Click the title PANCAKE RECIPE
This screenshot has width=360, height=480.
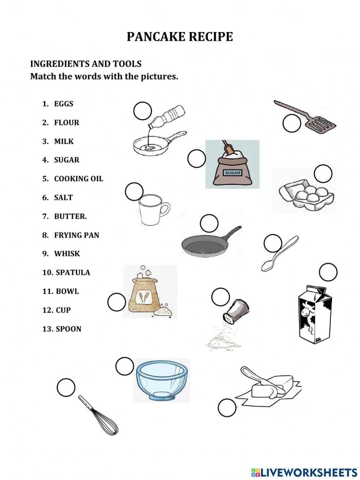pos(180,37)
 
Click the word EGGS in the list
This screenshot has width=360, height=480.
pos(63,104)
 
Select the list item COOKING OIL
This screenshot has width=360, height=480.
pos(78,179)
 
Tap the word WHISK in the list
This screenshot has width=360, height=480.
pos(67,254)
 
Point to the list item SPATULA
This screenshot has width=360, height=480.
pos(73,272)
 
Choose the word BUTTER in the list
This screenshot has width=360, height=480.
pos(70,216)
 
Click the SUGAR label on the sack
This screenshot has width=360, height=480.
pos(233,173)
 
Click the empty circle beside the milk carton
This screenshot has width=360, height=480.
pos(328,272)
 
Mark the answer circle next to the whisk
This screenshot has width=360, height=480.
pos(66,388)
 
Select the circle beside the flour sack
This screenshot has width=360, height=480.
pos(117,302)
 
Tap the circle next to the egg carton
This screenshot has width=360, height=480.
pos(323,174)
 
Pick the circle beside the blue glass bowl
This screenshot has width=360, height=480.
pos(125,366)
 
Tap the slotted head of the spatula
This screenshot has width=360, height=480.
pos(320,124)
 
